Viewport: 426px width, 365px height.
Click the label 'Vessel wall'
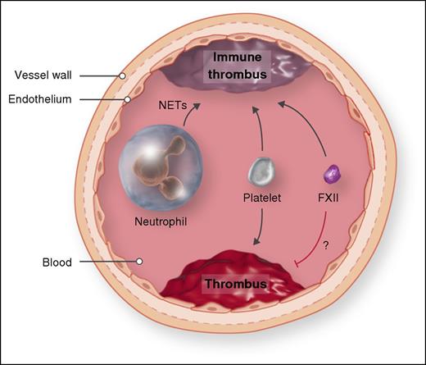pos(45,75)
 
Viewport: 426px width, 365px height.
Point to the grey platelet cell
pos(260,171)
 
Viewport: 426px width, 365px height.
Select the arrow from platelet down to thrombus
pos(262,225)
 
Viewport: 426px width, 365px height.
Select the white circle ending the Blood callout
pos(140,262)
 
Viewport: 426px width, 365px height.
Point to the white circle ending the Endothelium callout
pos(127,100)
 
